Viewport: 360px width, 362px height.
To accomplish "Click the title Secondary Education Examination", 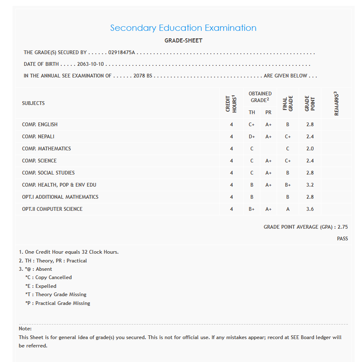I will coord(183,28).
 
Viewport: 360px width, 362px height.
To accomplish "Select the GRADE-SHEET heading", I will coord(183,41).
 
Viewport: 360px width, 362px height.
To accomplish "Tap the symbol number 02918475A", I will coord(122,53).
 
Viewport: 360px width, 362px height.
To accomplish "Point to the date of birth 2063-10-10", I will coord(90,65).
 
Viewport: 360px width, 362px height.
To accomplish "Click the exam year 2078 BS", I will coord(143,76).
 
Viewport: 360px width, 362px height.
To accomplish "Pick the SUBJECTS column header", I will coord(33,103).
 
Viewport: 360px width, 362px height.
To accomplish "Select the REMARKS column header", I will coord(336,103).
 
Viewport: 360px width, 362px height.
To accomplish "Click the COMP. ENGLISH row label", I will coord(40,125).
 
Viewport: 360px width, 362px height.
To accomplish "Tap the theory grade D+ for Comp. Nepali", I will coord(252,137).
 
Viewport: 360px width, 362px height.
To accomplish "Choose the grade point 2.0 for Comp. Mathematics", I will coord(310,149).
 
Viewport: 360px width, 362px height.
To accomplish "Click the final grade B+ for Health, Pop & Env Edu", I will coord(288,185).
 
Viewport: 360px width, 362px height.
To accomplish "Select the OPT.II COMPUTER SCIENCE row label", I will coord(52,209).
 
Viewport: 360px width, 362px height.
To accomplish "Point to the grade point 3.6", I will coord(310,209).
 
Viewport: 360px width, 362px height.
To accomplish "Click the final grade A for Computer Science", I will coord(288,209).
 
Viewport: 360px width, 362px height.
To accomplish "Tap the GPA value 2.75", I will coord(342,227).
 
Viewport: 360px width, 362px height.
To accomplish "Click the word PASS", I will coord(342,239).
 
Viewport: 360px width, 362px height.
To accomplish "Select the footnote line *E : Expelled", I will coord(41,286).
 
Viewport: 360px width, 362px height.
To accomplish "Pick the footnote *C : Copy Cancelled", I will coord(48,277).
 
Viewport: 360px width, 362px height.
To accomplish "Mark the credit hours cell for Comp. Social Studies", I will coord(232,173).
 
